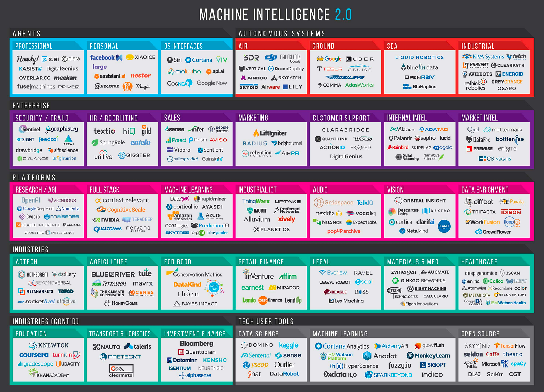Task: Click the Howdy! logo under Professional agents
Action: (x=28, y=59)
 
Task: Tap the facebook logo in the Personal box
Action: (x=102, y=58)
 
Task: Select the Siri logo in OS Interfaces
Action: (x=174, y=60)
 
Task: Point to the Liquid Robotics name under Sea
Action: (x=420, y=57)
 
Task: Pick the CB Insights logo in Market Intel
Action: (x=495, y=159)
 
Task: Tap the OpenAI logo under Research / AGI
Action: (x=31, y=200)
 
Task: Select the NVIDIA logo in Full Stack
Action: (x=106, y=220)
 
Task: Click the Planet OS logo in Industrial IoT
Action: (x=271, y=229)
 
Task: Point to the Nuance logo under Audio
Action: (x=328, y=222)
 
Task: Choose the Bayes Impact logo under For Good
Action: (x=195, y=304)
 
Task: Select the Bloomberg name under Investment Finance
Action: (x=197, y=344)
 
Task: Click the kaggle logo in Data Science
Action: (x=289, y=345)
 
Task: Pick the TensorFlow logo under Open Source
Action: (x=510, y=346)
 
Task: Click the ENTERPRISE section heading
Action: (x=31, y=106)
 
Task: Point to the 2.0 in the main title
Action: (x=343, y=15)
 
